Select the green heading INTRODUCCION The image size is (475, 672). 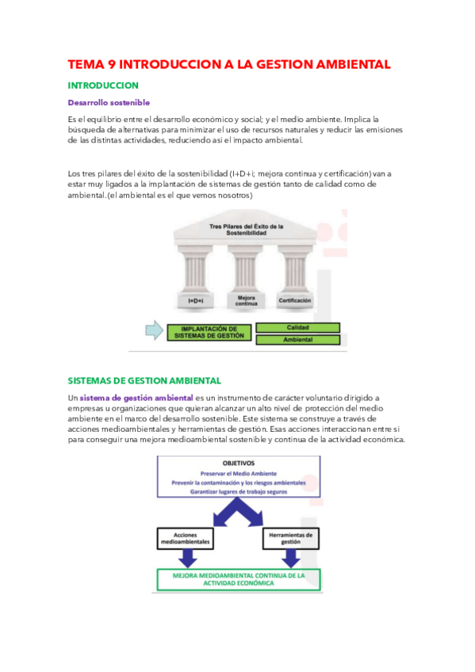103,85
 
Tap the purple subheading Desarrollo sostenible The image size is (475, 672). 109,102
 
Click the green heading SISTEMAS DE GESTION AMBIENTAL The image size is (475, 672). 144,380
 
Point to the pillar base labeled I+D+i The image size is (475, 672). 197,301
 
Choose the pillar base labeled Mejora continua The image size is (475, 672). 245,300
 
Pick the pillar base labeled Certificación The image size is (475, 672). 294,301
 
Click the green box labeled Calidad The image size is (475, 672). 297,326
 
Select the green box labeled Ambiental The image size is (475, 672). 297,339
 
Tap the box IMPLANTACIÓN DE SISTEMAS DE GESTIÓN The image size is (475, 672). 209,332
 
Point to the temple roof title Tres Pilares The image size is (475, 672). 246,229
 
